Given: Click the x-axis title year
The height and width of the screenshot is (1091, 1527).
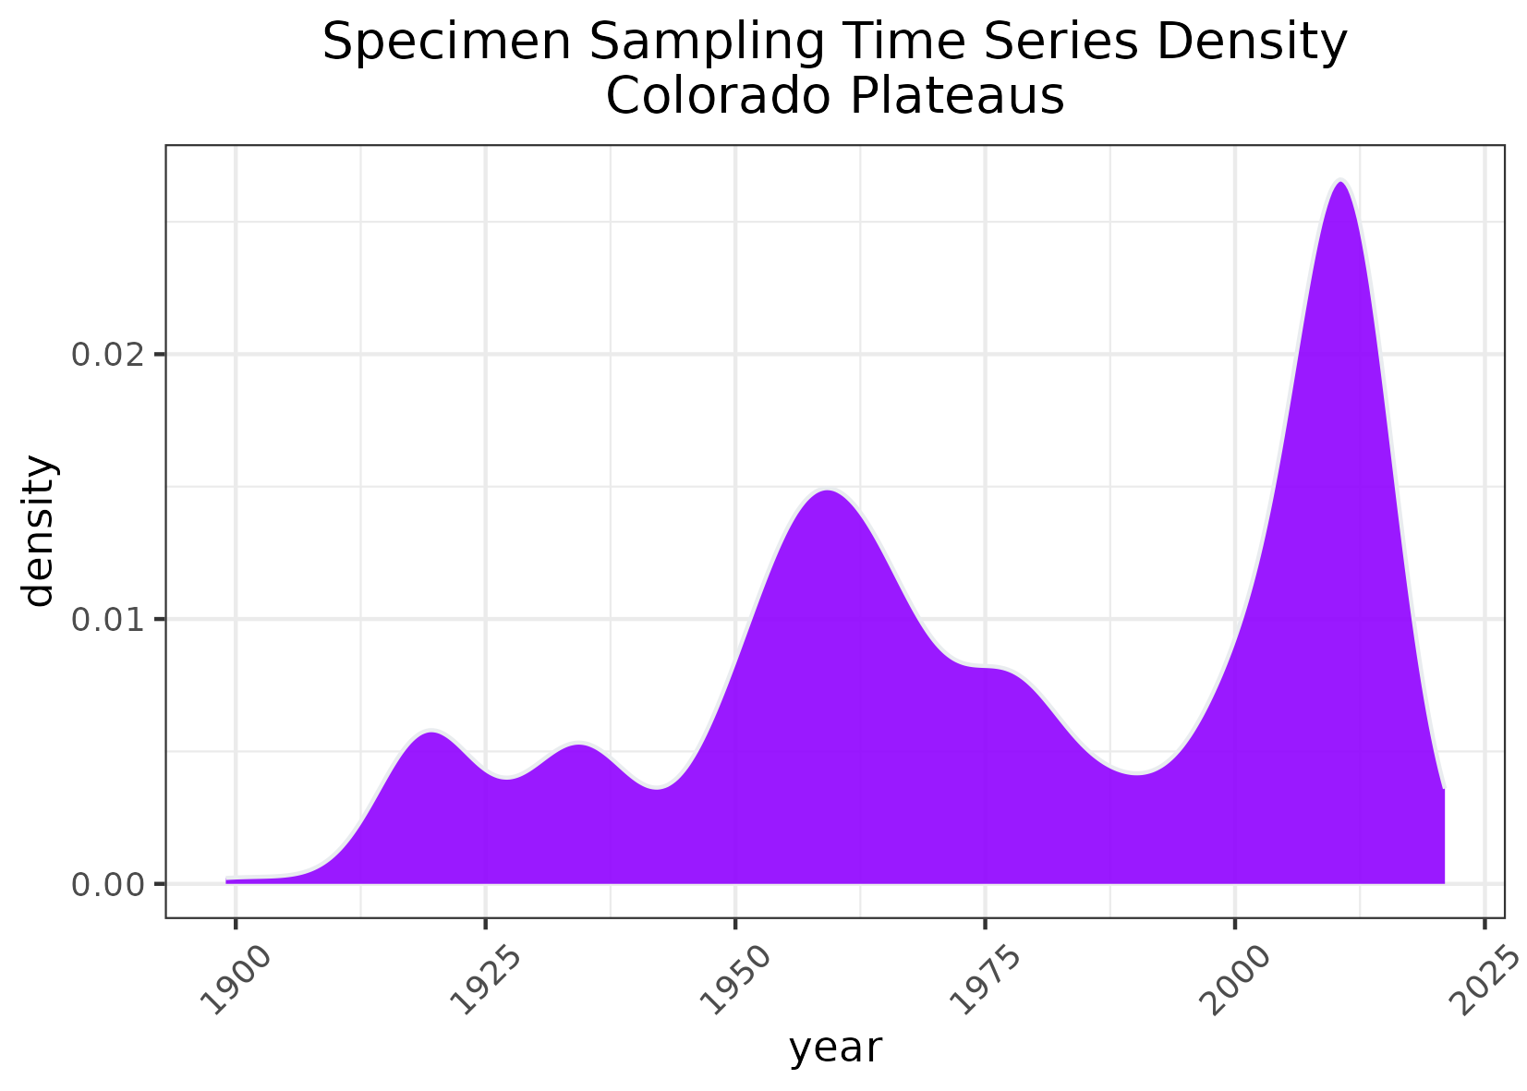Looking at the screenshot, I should click(835, 1049).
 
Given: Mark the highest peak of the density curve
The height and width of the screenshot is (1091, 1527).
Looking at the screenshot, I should click(1340, 181).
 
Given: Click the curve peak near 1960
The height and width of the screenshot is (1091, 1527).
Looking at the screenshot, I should click(829, 491).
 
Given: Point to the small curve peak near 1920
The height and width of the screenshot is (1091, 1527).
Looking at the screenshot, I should click(430, 732).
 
